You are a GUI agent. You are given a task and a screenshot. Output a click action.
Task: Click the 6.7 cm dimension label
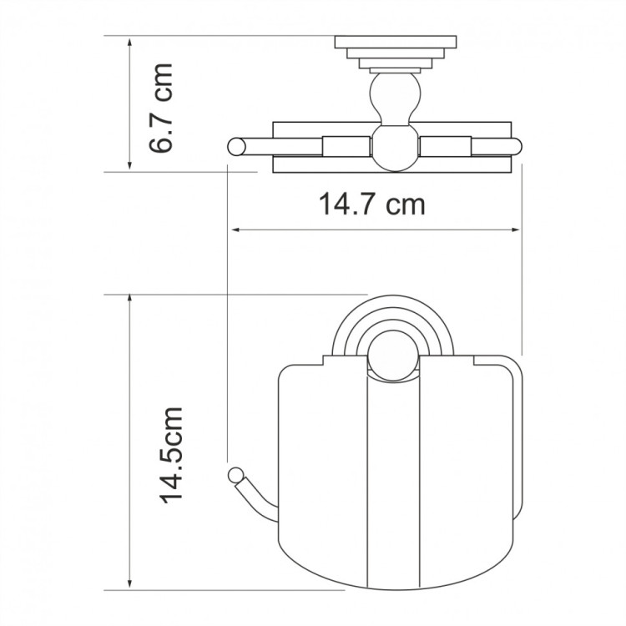coord(159,107)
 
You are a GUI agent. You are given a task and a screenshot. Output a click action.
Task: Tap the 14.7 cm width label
coord(371,202)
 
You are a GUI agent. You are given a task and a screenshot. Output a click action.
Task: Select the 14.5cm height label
coord(171,455)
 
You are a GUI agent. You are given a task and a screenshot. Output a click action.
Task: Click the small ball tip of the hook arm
coord(233,476)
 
